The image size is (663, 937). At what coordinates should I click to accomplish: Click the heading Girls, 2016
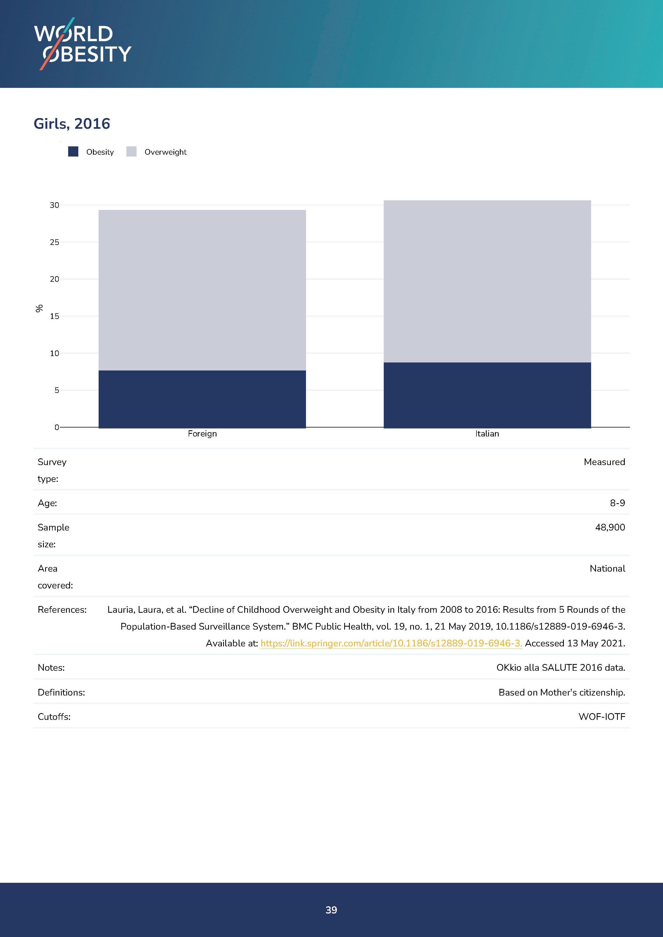pyautogui.click(x=72, y=124)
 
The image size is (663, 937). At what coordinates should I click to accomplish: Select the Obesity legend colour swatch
pyautogui.click(x=73, y=152)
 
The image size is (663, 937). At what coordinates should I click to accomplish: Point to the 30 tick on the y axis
pyautogui.click(x=54, y=205)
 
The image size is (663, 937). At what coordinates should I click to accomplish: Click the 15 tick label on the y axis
pyautogui.click(x=54, y=316)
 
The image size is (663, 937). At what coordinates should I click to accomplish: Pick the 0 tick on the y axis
pyautogui.click(x=57, y=427)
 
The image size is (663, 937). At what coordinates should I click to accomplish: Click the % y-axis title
pyautogui.click(x=39, y=309)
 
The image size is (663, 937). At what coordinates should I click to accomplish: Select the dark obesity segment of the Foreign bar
pyautogui.click(x=202, y=399)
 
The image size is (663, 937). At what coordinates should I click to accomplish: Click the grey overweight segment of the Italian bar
pyautogui.click(x=487, y=281)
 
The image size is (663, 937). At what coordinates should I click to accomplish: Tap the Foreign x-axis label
pyautogui.click(x=202, y=434)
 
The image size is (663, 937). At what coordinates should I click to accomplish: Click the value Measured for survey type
pyautogui.click(x=604, y=462)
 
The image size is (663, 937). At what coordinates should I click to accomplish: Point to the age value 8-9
pyautogui.click(x=617, y=503)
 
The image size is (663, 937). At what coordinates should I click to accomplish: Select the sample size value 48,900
pyautogui.click(x=610, y=527)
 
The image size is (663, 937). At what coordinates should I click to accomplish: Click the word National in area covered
pyautogui.click(x=607, y=568)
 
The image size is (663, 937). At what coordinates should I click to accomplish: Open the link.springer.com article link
pyautogui.click(x=391, y=643)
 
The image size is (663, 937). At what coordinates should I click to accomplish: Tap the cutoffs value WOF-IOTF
pyautogui.click(x=602, y=717)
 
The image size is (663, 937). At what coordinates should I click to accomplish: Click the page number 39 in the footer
pyautogui.click(x=331, y=910)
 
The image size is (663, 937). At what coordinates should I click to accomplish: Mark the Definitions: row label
pyautogui.click(x=61, y=693)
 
